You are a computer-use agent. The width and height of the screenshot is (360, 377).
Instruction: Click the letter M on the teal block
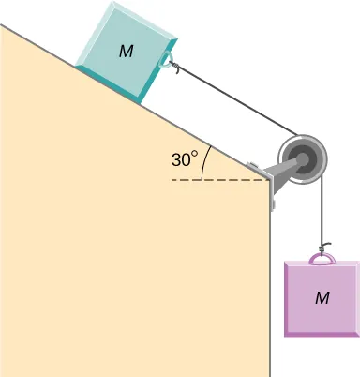(x=125, y=52)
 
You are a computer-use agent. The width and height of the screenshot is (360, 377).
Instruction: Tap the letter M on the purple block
(x=322, y=297)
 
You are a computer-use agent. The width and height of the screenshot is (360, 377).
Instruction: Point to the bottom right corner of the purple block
(x=358, y=333)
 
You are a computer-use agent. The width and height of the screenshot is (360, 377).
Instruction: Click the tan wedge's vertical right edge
(x=271, y=281)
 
